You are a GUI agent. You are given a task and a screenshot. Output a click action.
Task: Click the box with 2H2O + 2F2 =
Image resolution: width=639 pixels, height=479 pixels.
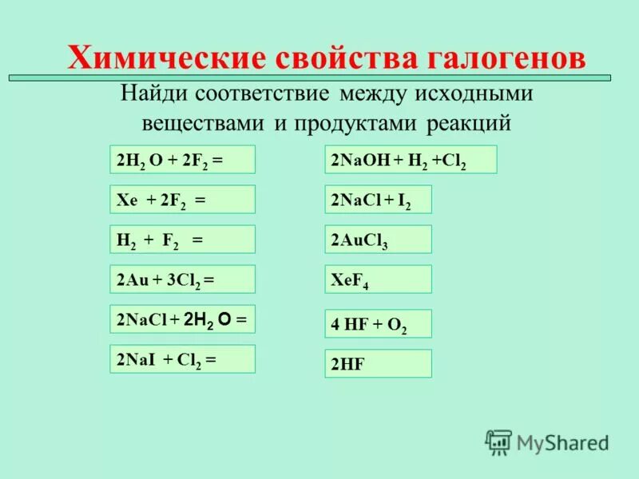(x=182, y=160)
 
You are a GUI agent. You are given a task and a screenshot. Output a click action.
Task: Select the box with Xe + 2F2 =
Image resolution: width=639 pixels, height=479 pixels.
(x=182, y=200)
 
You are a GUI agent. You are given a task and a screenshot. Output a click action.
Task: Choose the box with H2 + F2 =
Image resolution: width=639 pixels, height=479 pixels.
(x=182, y=239)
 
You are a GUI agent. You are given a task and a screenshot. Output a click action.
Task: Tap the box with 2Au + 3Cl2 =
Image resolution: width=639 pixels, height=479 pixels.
(x=182, y=279)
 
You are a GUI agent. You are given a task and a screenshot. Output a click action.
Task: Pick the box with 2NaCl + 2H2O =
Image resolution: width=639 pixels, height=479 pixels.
(x=182, y=319)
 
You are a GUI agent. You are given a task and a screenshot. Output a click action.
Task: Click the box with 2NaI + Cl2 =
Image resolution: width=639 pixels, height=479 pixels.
(x=182, y=359)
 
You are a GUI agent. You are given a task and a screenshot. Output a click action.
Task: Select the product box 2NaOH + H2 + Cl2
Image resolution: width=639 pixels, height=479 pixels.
(x=411, y=160)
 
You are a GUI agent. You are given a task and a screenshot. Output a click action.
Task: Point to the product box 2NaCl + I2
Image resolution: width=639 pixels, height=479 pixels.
(x=378, y=200)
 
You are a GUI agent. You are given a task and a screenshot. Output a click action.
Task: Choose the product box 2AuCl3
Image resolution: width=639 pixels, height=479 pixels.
(x=378, y=239)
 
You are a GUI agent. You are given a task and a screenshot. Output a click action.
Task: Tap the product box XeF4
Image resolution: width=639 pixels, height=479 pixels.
(x=378, y=279)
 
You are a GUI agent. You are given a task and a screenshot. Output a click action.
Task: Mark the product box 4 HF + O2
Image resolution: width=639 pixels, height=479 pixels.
(x=378, y=323)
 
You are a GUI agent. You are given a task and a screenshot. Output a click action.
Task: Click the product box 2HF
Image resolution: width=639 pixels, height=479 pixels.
(x=378, y=363)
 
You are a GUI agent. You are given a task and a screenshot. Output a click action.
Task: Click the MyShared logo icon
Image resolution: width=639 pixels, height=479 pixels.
(x=499, y=441)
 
